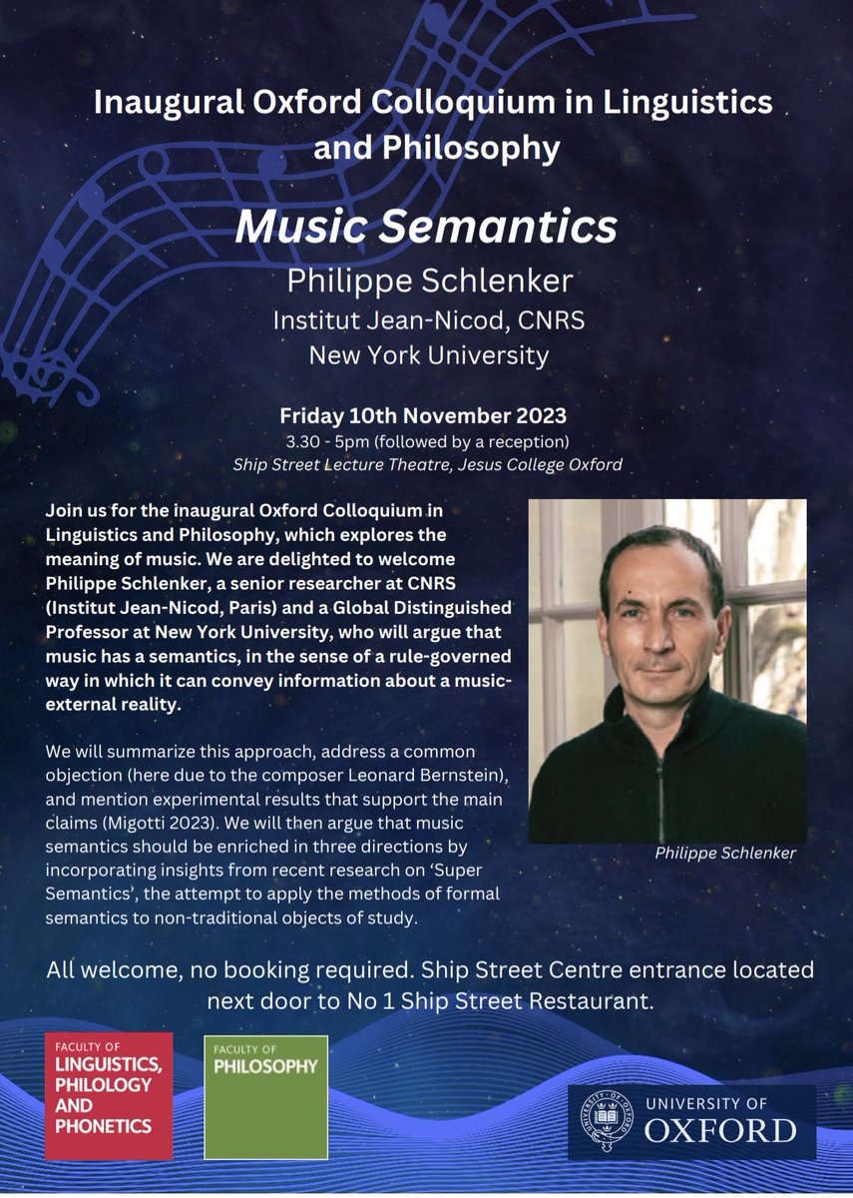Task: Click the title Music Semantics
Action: [426, 228]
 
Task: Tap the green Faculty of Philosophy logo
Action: [265, 1096]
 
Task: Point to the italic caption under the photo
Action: [724, 855]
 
